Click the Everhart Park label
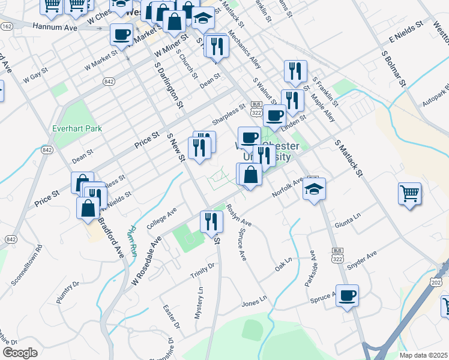77,128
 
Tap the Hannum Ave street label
55,28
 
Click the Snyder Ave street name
363,259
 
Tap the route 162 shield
7,26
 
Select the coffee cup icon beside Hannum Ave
122,35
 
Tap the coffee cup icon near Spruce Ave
347,296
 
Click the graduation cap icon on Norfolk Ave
314,190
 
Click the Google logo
20,352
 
